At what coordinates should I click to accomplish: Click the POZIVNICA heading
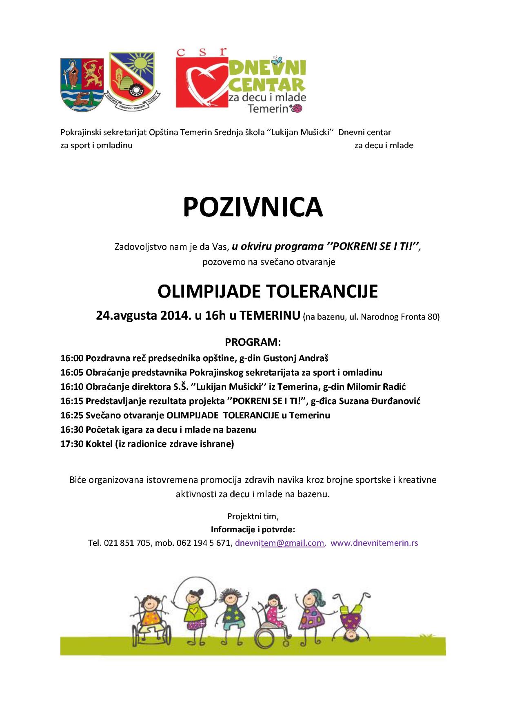pyautogui.click(x=253, y=207)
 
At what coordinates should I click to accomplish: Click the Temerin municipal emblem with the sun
pyautogui.click(x=133, y=81)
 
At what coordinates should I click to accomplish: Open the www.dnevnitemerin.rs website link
pyautogui.click(x=374, y=543)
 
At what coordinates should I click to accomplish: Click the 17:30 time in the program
pyautogui.click(x=72, y=444)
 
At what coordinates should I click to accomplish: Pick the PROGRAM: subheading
pyautogui.click(x=253, y=341)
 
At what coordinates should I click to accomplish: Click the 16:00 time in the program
pyautogui.click(x=72, y=358)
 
